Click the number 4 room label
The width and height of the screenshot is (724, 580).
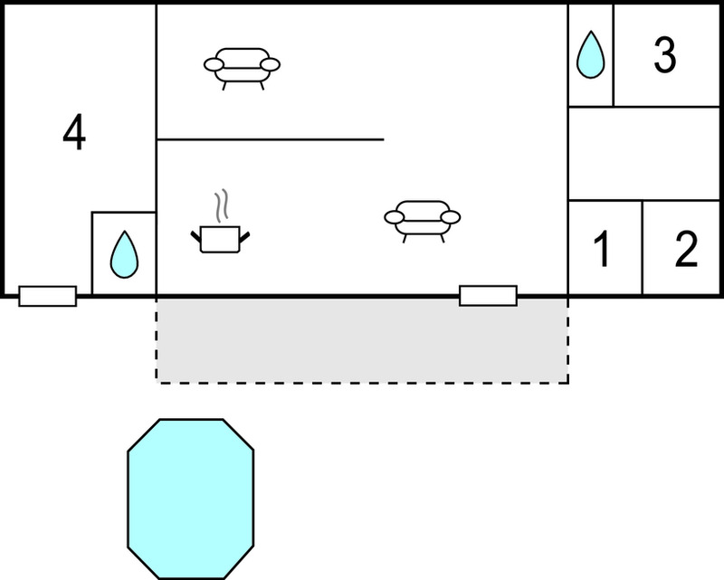pyautogui.click(x=74, y=132)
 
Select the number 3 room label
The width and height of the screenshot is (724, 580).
pyautogui.click(x=665, y=55)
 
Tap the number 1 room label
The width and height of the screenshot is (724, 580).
pyautogui.click(x=602, y=250)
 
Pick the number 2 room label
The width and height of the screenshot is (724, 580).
pyautogui.click(x=686, y=250)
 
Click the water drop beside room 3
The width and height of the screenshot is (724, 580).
pyautogui.click(x=591, y=54)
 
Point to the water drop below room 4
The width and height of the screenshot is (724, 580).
pyautogui.click(x=124, y=254)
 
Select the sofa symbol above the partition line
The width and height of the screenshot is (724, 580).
pyautogui.click(x=242, y=69)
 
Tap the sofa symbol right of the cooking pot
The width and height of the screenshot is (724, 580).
pyautogui.click(x=423, y=221)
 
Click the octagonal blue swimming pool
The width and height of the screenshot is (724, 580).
pyautogui.click(x=191, y=499)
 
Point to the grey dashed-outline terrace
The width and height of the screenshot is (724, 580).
pyautogui.click(x=363, y=340)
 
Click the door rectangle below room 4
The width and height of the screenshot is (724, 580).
pyautogui.click(x=48, y=296)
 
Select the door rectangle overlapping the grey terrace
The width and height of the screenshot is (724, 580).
pyautogui.click(x=488, y=296)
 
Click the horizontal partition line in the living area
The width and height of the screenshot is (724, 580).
pyautogui.click(x=271, y=139)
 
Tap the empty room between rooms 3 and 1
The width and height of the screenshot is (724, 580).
pyautogui.click(x=643, y=154)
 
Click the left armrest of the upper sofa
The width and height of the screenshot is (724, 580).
pyautogui.click(x=214, y=64)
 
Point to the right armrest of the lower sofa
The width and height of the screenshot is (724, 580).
pyautogui.click(x=451, y=217)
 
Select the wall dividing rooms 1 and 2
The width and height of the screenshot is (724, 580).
pyautogui.click(x=643, y=248)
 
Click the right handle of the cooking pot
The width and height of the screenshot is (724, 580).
pyautogui.click(x=244, y=237)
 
